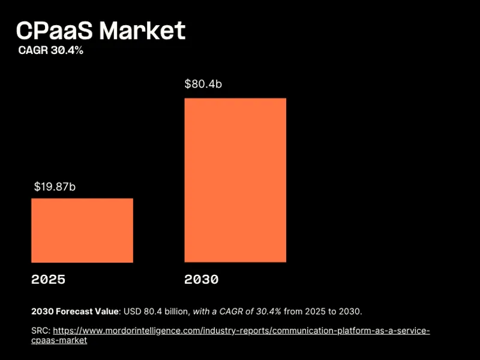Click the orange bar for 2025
tap(82, 230)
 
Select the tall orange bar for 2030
tap(235, 180)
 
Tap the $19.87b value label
tap(55, 187)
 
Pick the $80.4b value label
tap(203, 84)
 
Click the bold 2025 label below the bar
tap(48, 280)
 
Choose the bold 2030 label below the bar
tap(202, 280)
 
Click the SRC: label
tap(41, 331)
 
